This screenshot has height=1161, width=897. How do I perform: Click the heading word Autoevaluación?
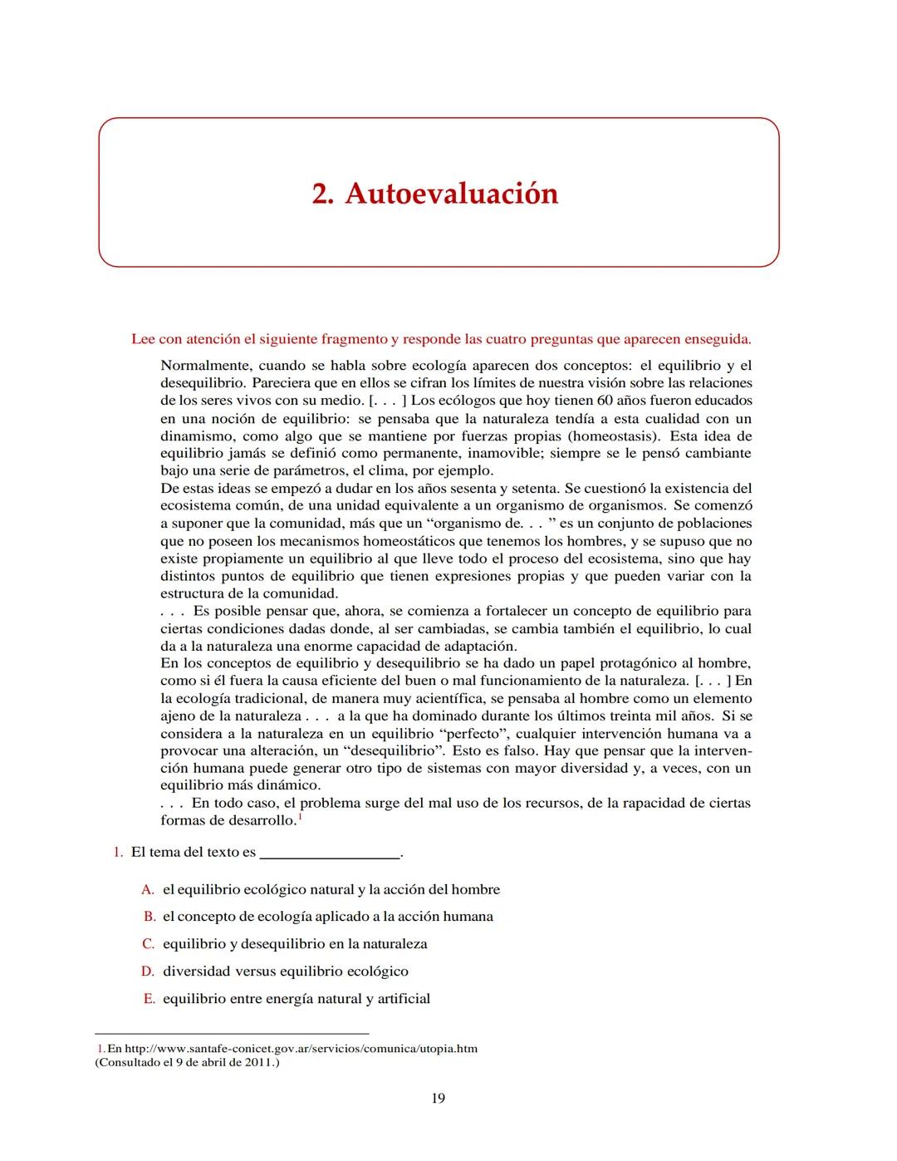[x=451, y=194]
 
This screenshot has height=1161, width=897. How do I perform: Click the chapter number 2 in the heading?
[x=321, y=194]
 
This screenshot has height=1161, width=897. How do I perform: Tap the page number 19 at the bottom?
[x=438, y=1099]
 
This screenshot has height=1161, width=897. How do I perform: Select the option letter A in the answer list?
[x=148, y=890]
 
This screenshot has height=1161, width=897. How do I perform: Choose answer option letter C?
[x=148, y=944]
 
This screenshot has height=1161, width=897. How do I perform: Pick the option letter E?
[x=149, y=999]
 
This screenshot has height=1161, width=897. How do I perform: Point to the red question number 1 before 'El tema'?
[x=117, y=853]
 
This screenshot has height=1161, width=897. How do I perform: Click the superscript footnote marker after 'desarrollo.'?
[x=300, y=817]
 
